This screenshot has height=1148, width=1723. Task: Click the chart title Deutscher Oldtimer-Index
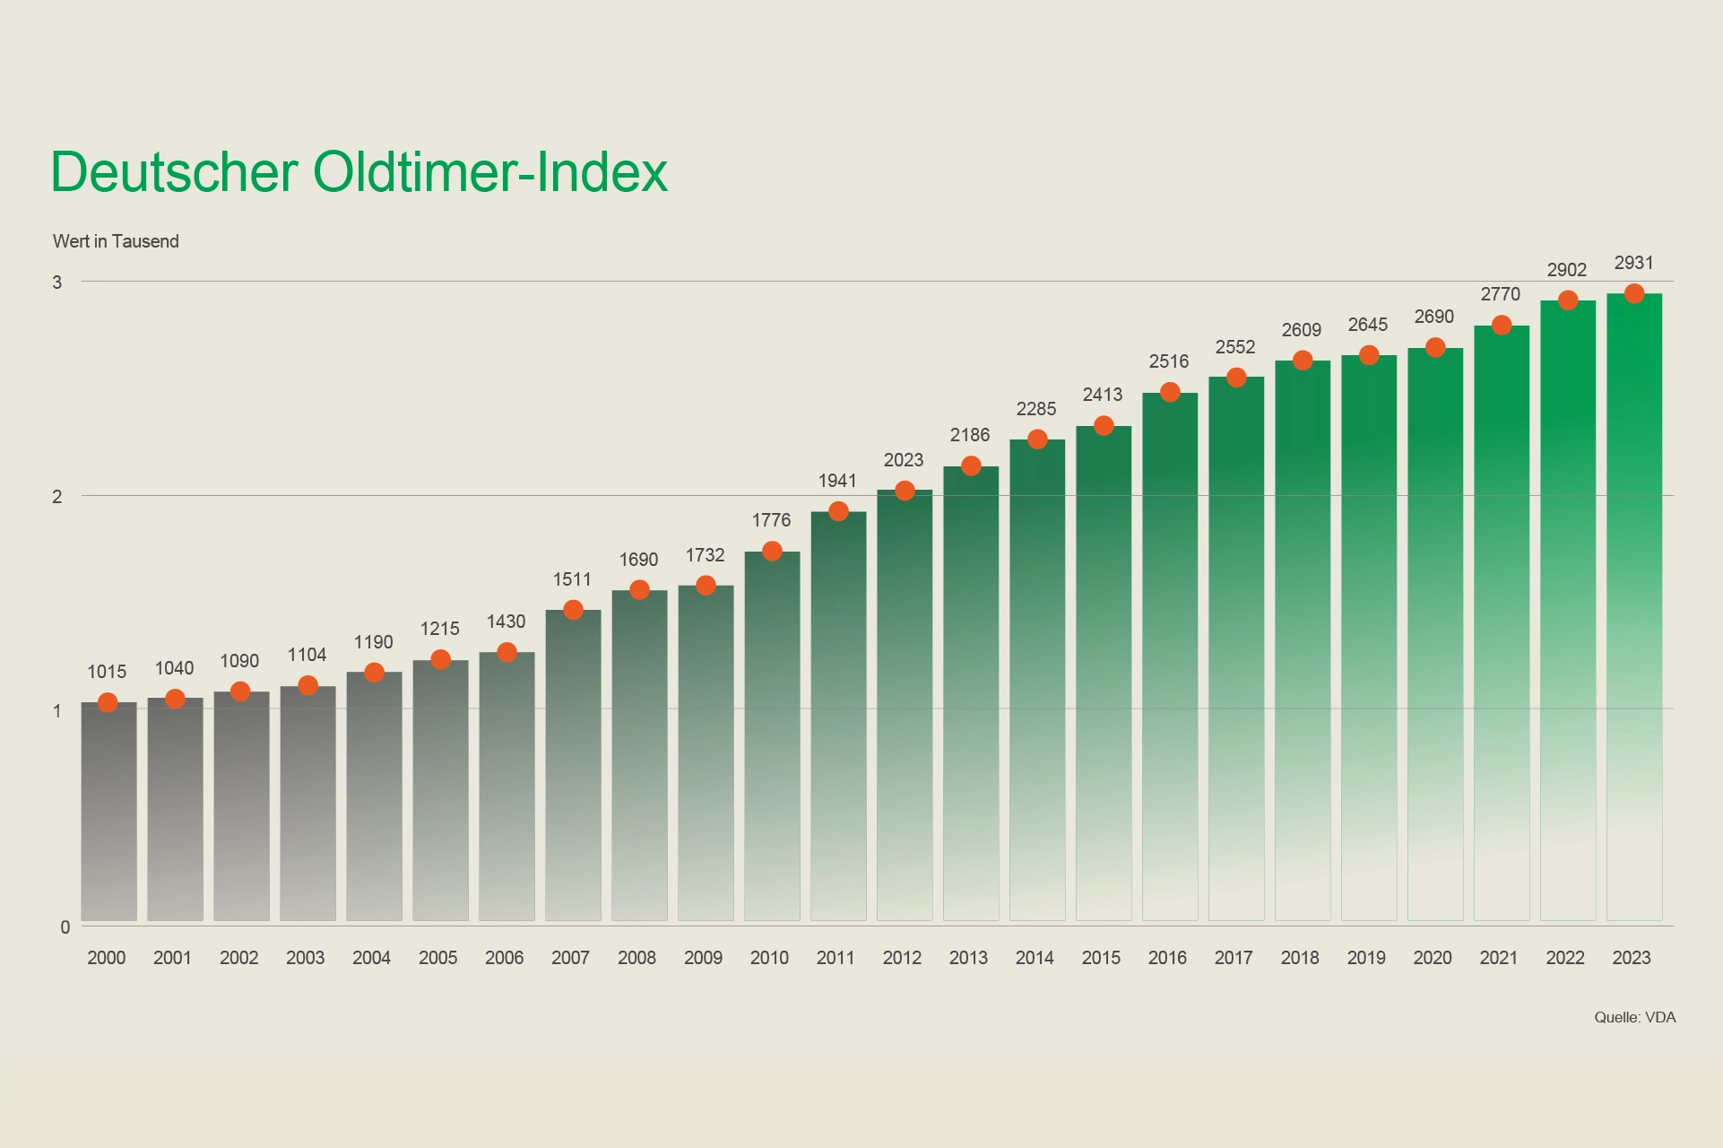click(359, 171)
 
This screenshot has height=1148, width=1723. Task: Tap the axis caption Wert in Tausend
click(116, 241)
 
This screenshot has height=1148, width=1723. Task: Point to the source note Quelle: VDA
click(1634, 1017)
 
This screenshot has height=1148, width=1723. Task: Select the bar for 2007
click(573, 767)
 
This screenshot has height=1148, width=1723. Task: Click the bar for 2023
click(1633, 610)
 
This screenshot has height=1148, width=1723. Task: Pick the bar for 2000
click(108, 812)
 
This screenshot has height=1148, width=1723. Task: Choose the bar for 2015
click(1104, 673)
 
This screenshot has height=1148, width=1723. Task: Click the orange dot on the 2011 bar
click(838, 511)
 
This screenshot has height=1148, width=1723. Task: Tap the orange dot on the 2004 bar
click(375, 673)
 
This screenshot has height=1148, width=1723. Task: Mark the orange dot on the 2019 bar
click(1369, 355)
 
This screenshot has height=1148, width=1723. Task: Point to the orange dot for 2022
click(1568, 300)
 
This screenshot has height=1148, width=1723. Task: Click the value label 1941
click(837, 481)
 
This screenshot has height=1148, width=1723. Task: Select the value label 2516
click(1169, 361)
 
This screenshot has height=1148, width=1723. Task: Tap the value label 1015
click(107, 672)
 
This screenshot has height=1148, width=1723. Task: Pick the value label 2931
click(1633, 263)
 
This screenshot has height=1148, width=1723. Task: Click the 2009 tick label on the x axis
click(703, 958)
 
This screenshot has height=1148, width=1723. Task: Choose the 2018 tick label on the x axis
click(1300, 958)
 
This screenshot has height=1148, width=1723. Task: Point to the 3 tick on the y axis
click(57, 283)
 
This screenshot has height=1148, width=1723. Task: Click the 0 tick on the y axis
click(65, 927)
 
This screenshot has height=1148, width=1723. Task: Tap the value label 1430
click(506, 622)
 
